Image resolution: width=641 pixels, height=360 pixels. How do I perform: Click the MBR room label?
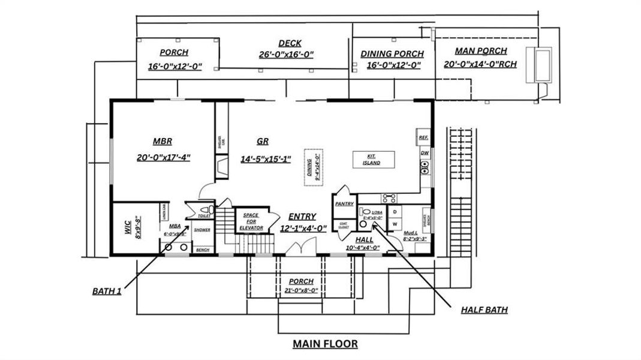click(162, 142)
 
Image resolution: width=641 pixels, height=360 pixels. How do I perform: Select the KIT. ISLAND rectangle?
click(374, 160)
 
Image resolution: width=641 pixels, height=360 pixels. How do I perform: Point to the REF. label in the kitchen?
click(423, 138)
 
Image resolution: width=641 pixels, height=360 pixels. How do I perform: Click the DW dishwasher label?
click(424, 153)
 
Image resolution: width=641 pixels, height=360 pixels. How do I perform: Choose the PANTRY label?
click(344, 204)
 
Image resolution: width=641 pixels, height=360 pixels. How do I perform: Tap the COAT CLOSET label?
click(344, 226)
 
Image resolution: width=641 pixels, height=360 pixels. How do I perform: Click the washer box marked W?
click(396, 224)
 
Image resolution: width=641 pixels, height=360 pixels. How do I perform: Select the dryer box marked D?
click(396, 211)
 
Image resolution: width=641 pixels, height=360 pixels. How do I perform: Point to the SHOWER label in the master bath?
click(202, 230)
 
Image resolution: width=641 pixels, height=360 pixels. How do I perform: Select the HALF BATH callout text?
click(484, 310)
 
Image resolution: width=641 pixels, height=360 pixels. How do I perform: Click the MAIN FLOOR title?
click(325, 344)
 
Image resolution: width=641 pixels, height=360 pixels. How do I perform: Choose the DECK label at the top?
click(290, 43)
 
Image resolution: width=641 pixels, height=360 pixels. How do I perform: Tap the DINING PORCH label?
click(392, 54)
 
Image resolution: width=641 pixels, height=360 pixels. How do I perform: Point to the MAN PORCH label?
click(480, 51)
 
